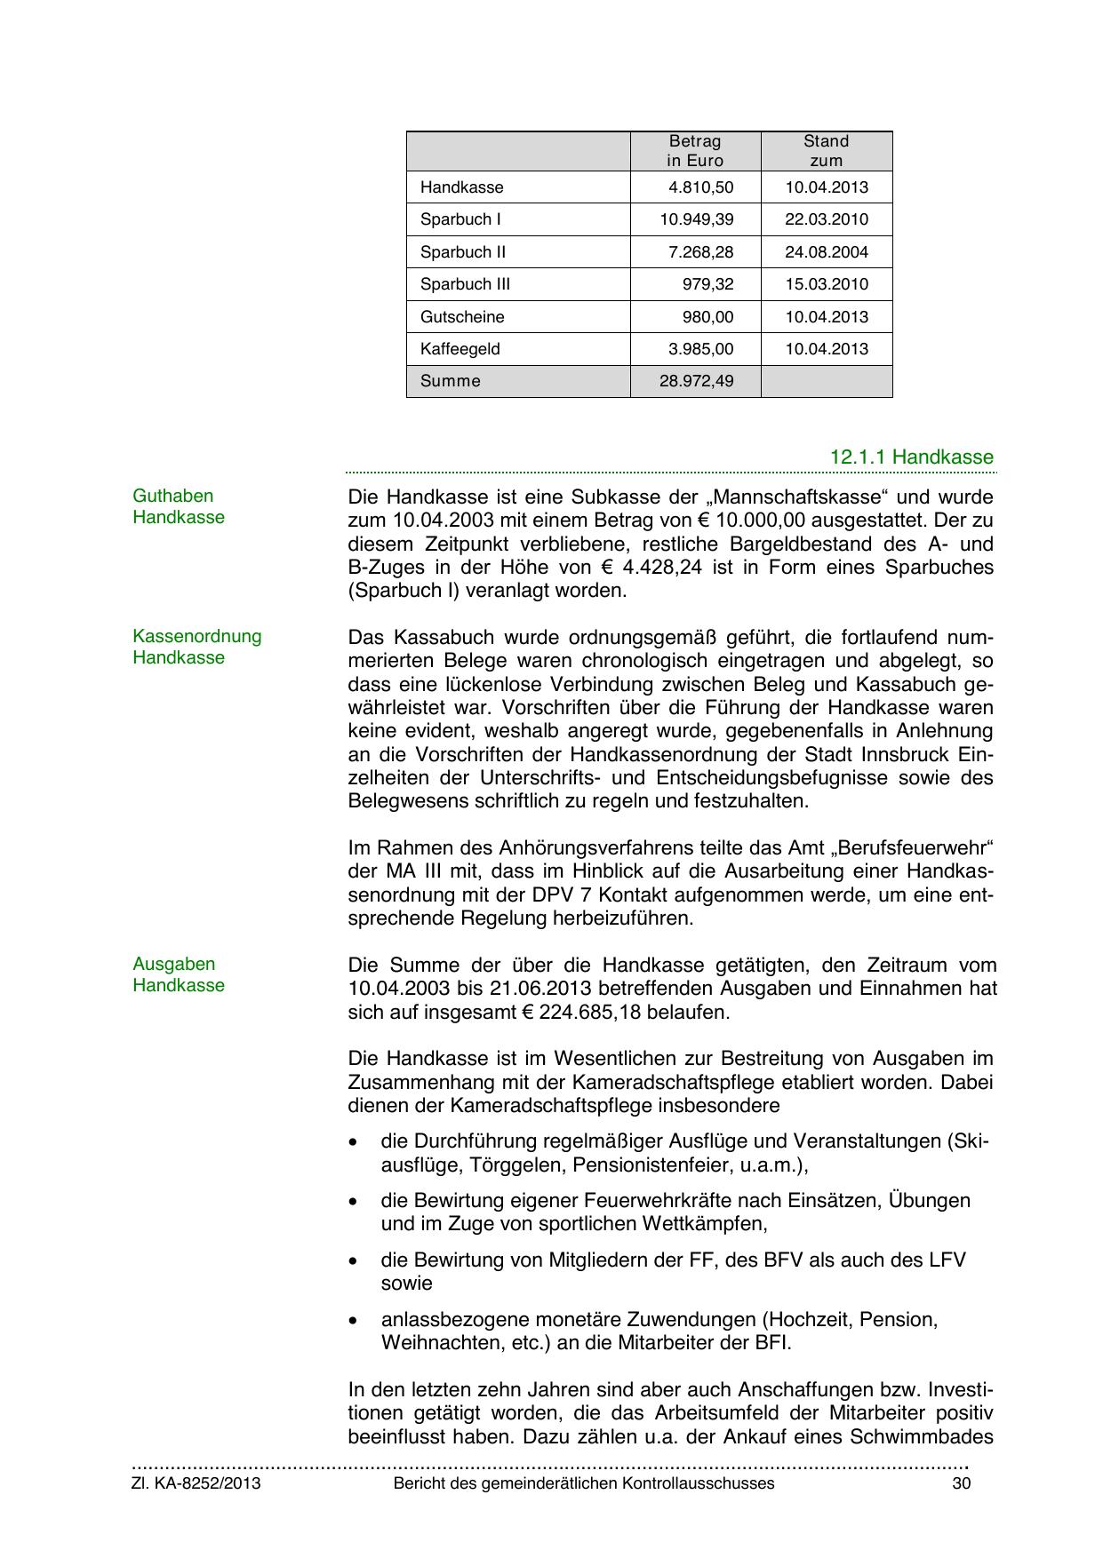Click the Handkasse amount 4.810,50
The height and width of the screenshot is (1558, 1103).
tap(701, 187)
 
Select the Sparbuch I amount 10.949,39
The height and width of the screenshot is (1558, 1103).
tap(697, 219)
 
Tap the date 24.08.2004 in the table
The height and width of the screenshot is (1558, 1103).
tap(826, 252)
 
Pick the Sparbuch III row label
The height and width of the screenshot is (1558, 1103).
tap(465, 284)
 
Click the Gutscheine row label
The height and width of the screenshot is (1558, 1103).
tap(462, 317)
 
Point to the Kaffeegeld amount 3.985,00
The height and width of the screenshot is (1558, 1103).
tap(701, 349)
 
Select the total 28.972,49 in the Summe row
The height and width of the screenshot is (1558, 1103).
tap(697, 381)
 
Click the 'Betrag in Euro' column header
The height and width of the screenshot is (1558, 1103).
tap(695, 151)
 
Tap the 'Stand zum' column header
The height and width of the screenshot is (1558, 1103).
tap(826, 151)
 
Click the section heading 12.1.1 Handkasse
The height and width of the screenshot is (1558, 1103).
tap(911, 457)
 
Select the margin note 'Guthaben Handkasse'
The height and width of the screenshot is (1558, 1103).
tap(178, 507)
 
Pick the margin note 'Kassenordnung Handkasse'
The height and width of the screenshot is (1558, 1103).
tap(196, 647)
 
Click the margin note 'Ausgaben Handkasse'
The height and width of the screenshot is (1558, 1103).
tap(178, 974)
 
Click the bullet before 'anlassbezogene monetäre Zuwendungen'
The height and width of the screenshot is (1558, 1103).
tap(355, 1320)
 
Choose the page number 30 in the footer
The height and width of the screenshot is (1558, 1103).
tap(961, 1483)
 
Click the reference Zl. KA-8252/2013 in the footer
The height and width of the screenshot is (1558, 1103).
tap(196, 1483)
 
